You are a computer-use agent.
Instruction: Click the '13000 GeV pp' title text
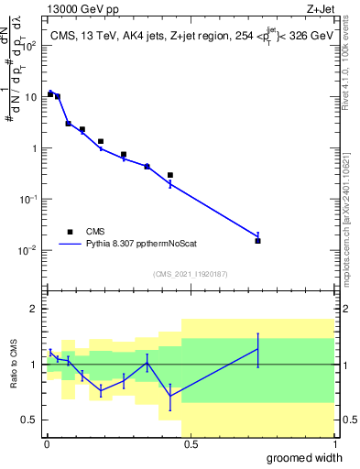[x=81, y=8]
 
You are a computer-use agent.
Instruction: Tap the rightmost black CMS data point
[x=258, y=241]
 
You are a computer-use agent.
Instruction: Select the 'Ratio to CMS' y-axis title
[x=14, y=365]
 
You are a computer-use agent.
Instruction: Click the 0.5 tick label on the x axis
[x=189, y=443]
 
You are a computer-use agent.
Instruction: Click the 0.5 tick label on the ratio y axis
[x=28, y=420]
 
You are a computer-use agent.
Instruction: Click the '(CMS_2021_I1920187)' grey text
[x=190, y=273]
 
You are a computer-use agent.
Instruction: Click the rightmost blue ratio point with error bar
[x=258, y=349]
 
